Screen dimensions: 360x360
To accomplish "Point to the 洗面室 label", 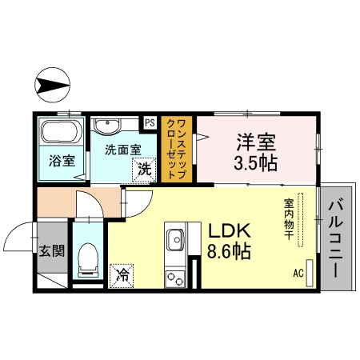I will (x=122, y=149).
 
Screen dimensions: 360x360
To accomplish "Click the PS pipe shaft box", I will (x=150, y=122).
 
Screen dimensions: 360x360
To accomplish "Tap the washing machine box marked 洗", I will (x=144, y=169).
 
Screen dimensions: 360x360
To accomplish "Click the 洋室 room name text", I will (x=256, y=143).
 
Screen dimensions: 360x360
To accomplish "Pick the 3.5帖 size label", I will (x=256, y=164).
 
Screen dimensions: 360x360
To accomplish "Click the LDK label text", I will (x=230, y=231).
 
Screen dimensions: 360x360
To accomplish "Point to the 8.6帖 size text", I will (x=230, y=252).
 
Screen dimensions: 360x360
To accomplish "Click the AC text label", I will (x=298, y=273).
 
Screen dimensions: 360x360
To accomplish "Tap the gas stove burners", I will (x=174, y=278).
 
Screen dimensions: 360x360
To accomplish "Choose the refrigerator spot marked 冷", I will (x=123, y=274).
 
